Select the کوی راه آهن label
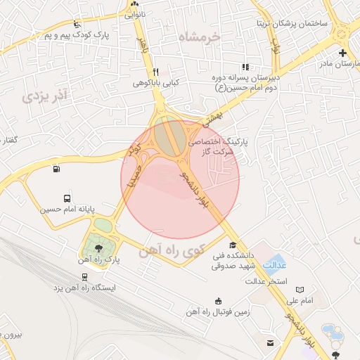pyautogui.click(x=172, y=251)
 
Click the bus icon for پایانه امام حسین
pyautogui.click(x=66, y=198)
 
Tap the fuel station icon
pyautogui.click(x=56, y=168)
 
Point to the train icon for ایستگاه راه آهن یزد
pyautogui.click(x=84, y=276)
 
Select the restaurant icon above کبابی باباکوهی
pyautogui.click(x=156, y=72)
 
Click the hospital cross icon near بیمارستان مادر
pyautogui.click(x=342, y=53)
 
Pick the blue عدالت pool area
pyautogui.click(x=276, y=264)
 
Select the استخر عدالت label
pyautogui.click(x=264, y=282)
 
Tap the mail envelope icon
pyautogui.click(x=270, y=342)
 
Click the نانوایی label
pyautogui.click(x=135, y=13)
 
